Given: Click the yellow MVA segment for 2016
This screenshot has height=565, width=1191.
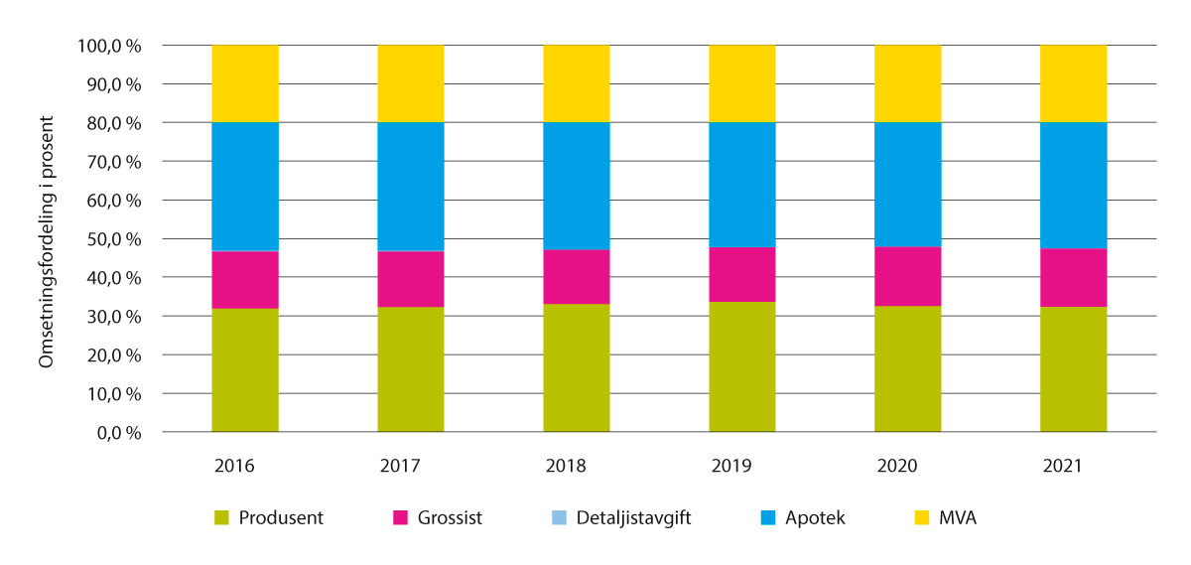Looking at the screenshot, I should pos(245,83).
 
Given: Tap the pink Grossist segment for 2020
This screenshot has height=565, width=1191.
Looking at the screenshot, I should pos(907,276).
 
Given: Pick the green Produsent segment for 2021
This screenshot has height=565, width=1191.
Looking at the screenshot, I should pos(1073,369).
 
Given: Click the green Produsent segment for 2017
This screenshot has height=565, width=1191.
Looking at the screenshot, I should pos(411,369).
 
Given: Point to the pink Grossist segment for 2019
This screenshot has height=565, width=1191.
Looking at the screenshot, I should pos(741,274).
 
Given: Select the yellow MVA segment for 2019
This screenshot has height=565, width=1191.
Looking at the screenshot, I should pos(741,83).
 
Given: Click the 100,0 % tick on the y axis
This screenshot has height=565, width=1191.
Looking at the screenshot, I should pos(108,46).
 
